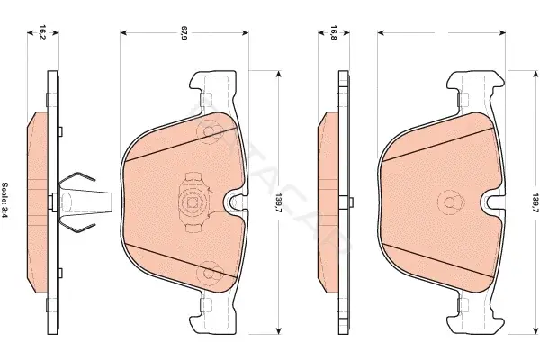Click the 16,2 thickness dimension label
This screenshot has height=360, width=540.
coord(42,32)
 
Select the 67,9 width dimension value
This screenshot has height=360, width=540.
coord(184,32)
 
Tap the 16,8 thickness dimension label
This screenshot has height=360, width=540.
coord(333,32)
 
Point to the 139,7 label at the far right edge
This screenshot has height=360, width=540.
coord(535,203)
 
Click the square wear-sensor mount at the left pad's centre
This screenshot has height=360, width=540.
coord(193,202)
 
